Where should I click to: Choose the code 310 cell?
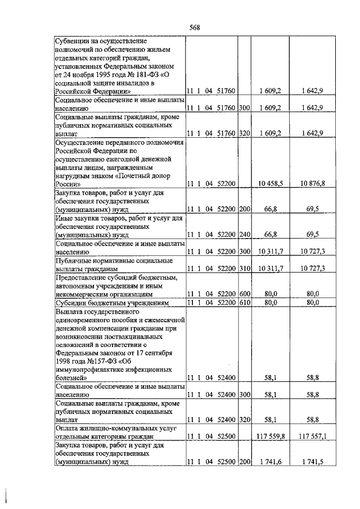[244, 268]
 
